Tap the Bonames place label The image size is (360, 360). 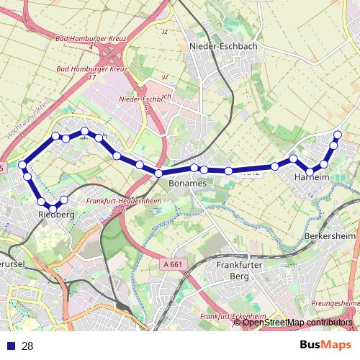tap(187, 184)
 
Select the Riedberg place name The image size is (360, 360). tap(56, 215)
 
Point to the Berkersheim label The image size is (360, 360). tap(330, 236)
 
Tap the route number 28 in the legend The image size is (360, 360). tap(27, 346)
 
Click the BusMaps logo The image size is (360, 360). tap(325, 345)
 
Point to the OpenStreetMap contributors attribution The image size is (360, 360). tap(297, 323)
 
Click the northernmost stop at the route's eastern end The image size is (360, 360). tap(338, 135)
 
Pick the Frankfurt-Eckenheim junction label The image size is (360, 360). tap(233, 317)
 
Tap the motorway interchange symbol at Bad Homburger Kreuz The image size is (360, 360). tap(112, 54)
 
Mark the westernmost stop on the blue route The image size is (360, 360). tap(23, 165)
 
